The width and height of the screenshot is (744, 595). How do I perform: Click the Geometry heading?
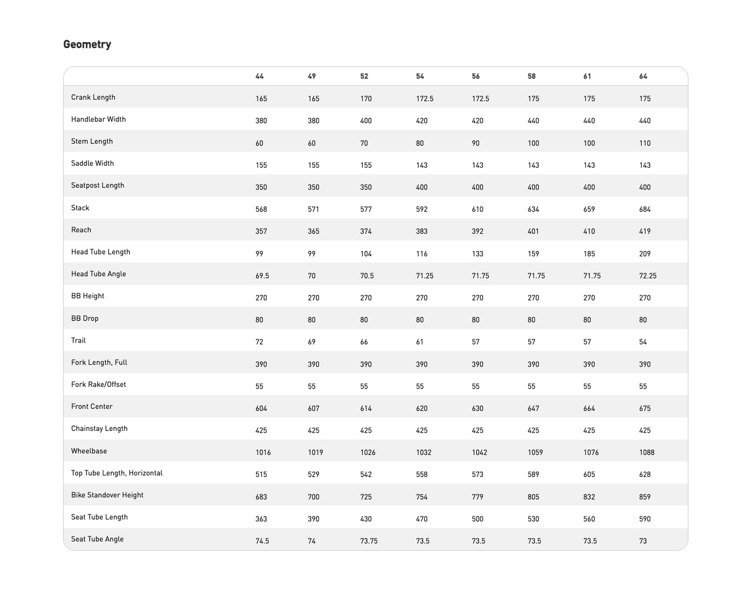click(x=87, y=44)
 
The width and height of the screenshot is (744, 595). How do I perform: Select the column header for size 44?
click(x=260, y=76)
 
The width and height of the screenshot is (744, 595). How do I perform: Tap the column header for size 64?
click(x=643, y=76)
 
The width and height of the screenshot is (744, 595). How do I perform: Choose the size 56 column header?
click(x=476, y=76)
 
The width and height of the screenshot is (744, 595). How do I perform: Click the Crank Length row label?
click(x=93, y=97)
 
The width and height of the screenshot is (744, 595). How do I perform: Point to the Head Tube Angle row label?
click(x=99, y=274)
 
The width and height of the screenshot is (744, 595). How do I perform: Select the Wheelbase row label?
click(x=89, y=451)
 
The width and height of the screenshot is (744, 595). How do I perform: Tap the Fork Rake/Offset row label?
click(x=99, y=384)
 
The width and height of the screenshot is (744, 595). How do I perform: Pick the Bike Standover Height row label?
click(x=107, y=495)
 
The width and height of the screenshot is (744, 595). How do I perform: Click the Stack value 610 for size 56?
click(x=478, y=209)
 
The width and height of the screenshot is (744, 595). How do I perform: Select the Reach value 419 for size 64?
click(x=645, y=231)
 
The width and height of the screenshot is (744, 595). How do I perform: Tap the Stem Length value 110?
click(x=645, y=143)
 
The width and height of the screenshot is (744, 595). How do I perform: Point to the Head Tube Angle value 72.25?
click(x=648, y=276)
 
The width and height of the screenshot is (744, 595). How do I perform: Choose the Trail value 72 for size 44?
click(x=260, y=342)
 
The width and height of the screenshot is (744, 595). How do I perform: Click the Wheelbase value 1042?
click(x=479, y=452)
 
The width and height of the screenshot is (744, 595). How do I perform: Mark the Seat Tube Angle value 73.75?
click(x=369, y=541)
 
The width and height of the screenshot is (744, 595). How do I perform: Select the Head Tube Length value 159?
click(x=533, y=254)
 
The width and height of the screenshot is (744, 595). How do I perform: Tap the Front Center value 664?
click(x=589, y=409)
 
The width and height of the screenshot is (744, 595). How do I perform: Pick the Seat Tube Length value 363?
click(x=262, y=519)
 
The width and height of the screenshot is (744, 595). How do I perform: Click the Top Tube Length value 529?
click(x=314, y=475)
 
